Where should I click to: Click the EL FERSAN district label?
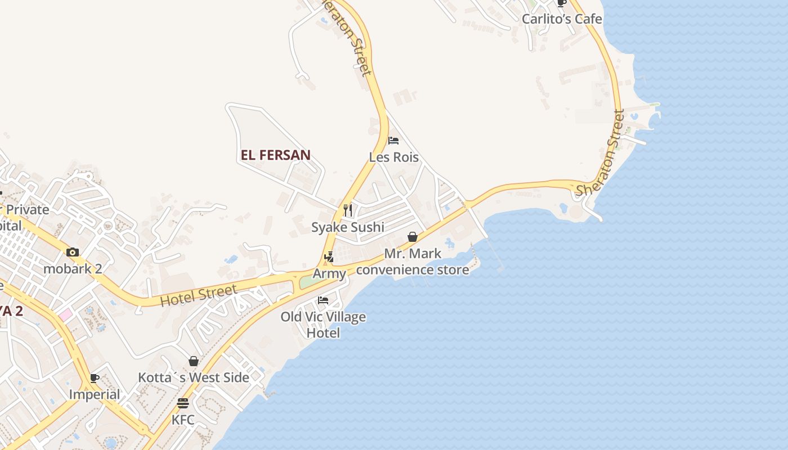(x=276, y=155)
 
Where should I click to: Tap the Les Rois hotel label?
(x=394, y=157)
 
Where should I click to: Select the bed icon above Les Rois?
(x=393, y=140)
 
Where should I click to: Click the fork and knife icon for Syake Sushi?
(x=348, y=210)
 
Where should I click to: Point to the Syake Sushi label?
(x=348, y=227)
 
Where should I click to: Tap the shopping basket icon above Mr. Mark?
(x=413, y=237)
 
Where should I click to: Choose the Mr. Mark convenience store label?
(x=413, y=262)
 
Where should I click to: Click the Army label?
(x=329, y=274)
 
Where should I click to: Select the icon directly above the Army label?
(x=329, y=257)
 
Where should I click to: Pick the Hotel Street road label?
(x=198, y=295)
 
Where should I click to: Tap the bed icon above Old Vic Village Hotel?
(x=323, y=300)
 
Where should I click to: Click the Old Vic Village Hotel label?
(x=323, y=325)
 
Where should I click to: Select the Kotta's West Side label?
(x=194, y=377)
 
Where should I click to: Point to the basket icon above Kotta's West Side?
(x=194, y=361)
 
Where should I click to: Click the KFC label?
(x=183, y=420)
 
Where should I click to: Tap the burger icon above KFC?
(x=183, y=403)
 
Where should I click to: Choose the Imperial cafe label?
(x=95, y=394)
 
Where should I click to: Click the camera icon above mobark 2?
(x=73, y=252)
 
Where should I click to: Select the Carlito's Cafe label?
(x=562, y=19)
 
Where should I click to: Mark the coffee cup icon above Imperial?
(x=95, y=378)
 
